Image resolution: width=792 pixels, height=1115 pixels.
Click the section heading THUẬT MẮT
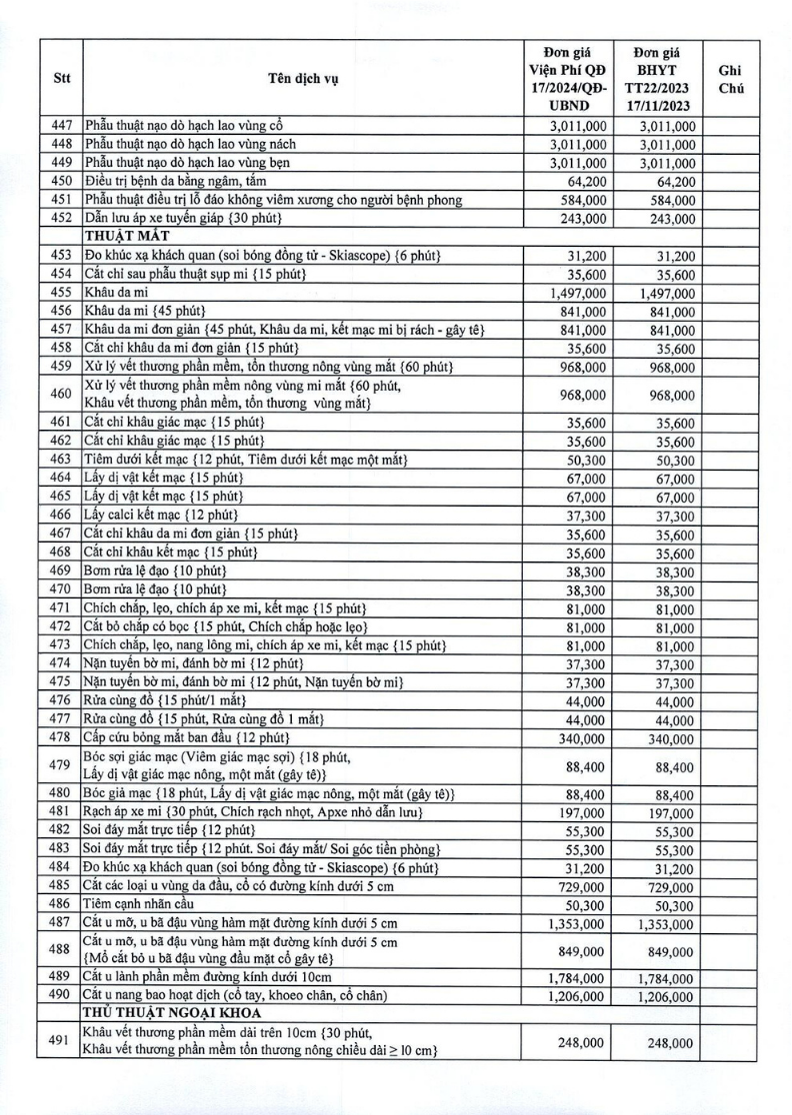(x=125, y=236)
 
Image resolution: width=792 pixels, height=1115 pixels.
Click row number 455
(x=59, y=293)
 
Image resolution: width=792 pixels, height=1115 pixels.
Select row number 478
(x=59, y=737)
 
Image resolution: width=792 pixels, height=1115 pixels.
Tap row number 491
(x=59, y=1042)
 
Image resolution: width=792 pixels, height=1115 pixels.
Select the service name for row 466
(x=161, y=515)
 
